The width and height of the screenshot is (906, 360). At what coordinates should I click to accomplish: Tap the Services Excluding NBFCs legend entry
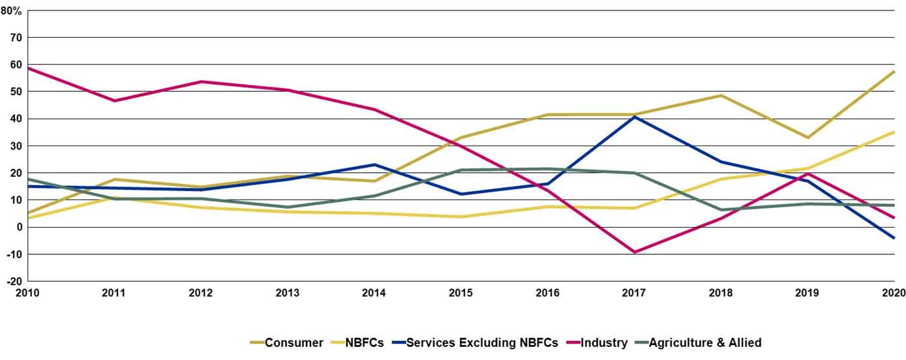pos(482,342)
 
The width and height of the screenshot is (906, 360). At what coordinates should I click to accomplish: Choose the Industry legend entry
pos(604,342)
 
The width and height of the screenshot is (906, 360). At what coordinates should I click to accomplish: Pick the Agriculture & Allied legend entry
pos(704,342)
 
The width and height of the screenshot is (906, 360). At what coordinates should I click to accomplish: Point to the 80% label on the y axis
pos(11,10)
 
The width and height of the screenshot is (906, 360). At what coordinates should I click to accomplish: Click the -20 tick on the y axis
pos(14,282)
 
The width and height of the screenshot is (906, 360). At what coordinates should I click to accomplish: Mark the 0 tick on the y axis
pos(20,227)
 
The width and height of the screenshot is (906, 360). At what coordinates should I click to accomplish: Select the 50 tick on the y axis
pos(16,92)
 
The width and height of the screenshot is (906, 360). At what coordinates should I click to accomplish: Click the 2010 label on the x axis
pos(27,293)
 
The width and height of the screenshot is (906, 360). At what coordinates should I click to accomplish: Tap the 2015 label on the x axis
pos(461,293)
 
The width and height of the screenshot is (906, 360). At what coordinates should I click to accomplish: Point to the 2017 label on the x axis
pos(634,293)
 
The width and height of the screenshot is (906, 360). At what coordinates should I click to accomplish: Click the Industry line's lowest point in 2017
pos(634,252)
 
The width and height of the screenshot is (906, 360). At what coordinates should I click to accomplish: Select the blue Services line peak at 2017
pos(634,117)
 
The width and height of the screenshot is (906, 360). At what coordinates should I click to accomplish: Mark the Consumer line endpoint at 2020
pos(894,71)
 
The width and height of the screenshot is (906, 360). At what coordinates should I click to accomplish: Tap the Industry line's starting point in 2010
pos(28,68)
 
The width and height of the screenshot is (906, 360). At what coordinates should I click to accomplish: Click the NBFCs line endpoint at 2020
pos(894,132)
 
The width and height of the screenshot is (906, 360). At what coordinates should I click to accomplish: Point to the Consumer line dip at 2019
pos(808,138)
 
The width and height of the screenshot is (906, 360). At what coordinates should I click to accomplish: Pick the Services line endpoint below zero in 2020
pos(894,238)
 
